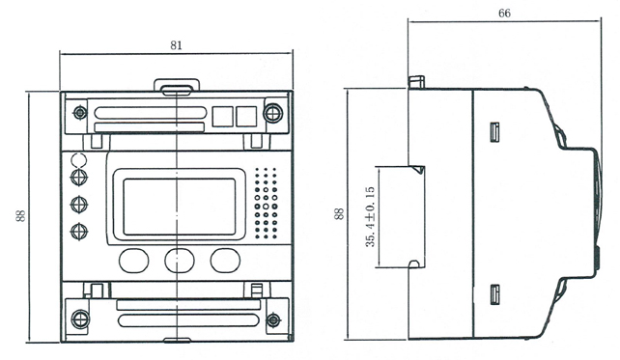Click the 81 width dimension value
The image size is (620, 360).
(x=177, y=45)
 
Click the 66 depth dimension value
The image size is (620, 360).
(x=504, y=14)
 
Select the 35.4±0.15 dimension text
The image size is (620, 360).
(x=370, y=216)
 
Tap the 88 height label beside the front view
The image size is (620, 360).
(x=20, y=216)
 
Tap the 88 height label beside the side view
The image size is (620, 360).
(x=339, y=214)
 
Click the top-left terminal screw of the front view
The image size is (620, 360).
(x=80, y=113)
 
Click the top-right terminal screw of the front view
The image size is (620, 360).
(x=273, y=114)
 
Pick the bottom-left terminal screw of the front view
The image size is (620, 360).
(x=80, y=318)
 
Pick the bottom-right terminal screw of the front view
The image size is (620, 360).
(x=273, y=319)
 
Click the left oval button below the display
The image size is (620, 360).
(x=133, y=261)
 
